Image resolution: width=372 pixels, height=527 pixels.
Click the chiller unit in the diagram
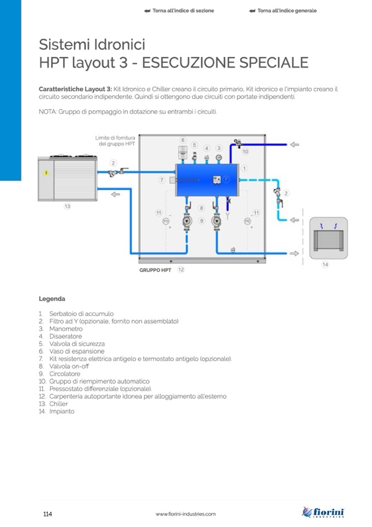67,179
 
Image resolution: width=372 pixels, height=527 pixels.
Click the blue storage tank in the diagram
206,179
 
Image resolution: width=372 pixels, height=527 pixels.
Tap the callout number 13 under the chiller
67,207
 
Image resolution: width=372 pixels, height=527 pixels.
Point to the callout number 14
325,264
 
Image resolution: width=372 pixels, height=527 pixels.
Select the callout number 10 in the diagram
245,151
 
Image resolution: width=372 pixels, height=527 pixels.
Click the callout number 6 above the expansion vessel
183,140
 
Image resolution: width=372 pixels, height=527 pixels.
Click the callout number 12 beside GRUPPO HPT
181,270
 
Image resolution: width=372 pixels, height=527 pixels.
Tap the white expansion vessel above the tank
183,152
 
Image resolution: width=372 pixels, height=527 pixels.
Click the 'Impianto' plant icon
328,238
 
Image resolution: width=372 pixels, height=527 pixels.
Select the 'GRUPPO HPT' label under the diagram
155,270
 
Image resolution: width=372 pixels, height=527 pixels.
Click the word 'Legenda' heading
52,299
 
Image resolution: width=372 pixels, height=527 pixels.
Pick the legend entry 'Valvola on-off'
69,366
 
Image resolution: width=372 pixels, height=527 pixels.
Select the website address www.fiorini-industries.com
185,514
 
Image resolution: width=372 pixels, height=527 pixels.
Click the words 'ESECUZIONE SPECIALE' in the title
225,63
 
